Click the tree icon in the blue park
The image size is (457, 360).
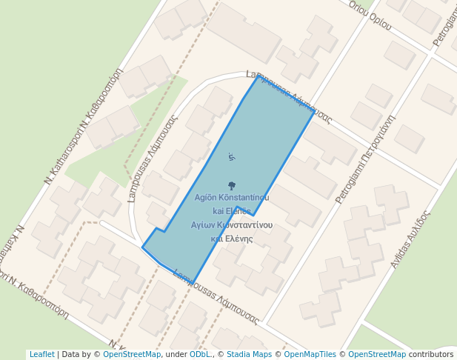(x=232, y=186)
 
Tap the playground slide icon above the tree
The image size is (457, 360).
(x=231, y=157)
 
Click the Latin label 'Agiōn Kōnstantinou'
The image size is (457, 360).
(x=231, y=198)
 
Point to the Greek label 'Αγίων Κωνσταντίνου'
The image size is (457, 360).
(x=232, y=224)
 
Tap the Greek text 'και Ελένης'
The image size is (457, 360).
(x=232, y=239)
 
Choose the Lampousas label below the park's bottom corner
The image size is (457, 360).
(x=216, y=298)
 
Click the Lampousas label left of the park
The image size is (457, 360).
(x=153, y=149)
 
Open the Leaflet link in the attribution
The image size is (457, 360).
(x=41, y=354)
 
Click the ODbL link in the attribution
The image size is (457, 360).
(x=200, y=354)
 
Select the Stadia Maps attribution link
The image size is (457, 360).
(x=249, y=354)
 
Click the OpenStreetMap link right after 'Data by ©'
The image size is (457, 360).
(x=132, y=354)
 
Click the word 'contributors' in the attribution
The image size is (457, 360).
(x=431, y=354)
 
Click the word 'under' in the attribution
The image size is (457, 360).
(x=176, y=354)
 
